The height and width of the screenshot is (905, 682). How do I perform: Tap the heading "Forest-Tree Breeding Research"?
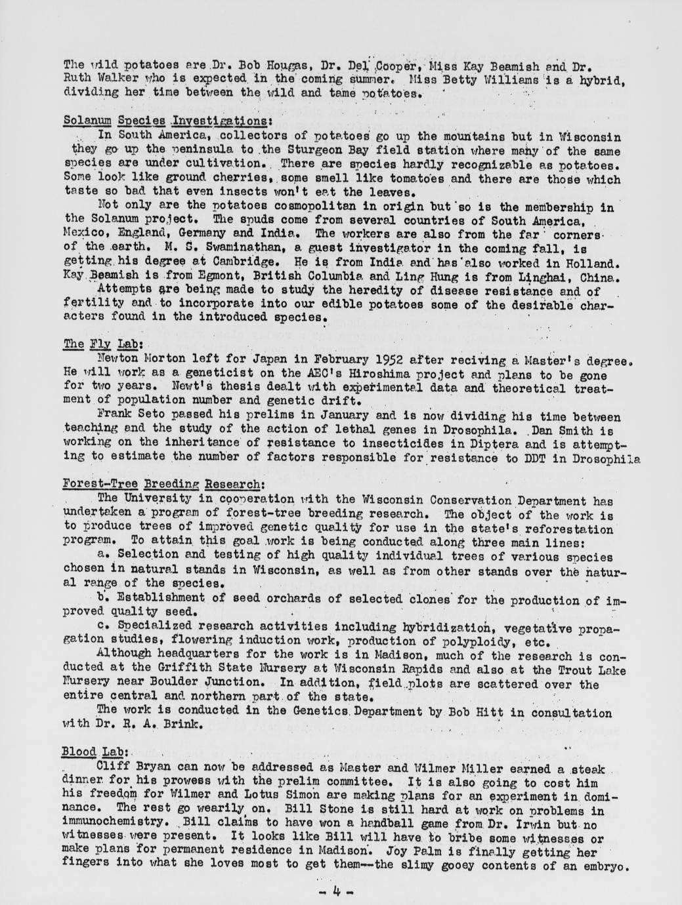(163, 484)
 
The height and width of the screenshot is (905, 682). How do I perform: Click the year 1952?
(375, 360)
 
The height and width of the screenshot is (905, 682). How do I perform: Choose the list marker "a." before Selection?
(102, 554)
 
